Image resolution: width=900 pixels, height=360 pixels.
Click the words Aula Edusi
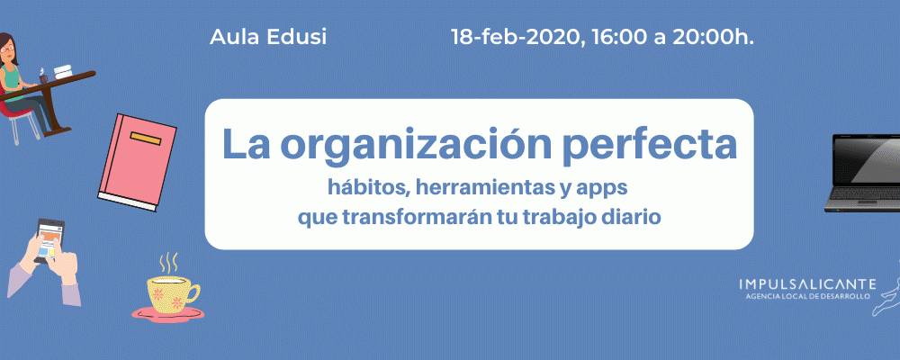[268, 37]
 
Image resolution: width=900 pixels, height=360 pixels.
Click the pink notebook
[137, 162]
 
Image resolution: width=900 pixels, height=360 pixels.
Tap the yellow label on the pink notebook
[146, 138]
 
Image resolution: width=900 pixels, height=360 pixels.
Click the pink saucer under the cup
[167, 313]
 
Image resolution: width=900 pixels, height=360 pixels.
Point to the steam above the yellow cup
[167, 263]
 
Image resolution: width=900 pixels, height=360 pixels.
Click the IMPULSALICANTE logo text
[807, 284]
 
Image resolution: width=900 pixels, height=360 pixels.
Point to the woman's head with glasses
[7, 47]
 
